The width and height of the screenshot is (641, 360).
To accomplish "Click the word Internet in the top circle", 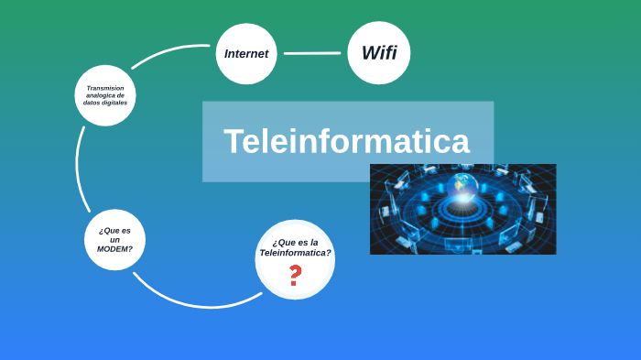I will pos(246,53).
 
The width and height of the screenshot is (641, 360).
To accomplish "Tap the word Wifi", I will pos(379,52).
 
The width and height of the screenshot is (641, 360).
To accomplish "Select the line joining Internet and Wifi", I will pos(312,53).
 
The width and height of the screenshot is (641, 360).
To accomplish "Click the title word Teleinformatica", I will pos(346,142).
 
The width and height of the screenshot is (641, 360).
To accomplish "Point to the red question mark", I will pos(294,276).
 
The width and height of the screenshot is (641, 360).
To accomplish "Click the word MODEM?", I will pos(114,249).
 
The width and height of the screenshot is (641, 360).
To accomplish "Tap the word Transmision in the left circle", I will pos(105,88).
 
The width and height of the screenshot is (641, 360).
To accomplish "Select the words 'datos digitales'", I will pos(105,103).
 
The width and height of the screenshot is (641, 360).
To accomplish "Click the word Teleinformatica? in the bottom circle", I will pos(295,253).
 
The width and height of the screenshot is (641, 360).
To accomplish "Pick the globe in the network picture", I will pos(464,182).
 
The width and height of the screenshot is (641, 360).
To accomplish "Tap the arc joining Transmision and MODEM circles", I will pos(79,169).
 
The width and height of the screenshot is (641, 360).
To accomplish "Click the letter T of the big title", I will pos(233,142).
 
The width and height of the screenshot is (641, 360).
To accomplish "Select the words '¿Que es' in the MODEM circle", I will pos(114,230).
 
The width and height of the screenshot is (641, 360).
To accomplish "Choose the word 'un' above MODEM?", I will pos(114,239).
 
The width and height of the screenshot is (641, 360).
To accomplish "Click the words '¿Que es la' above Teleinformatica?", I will pos(295,242).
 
